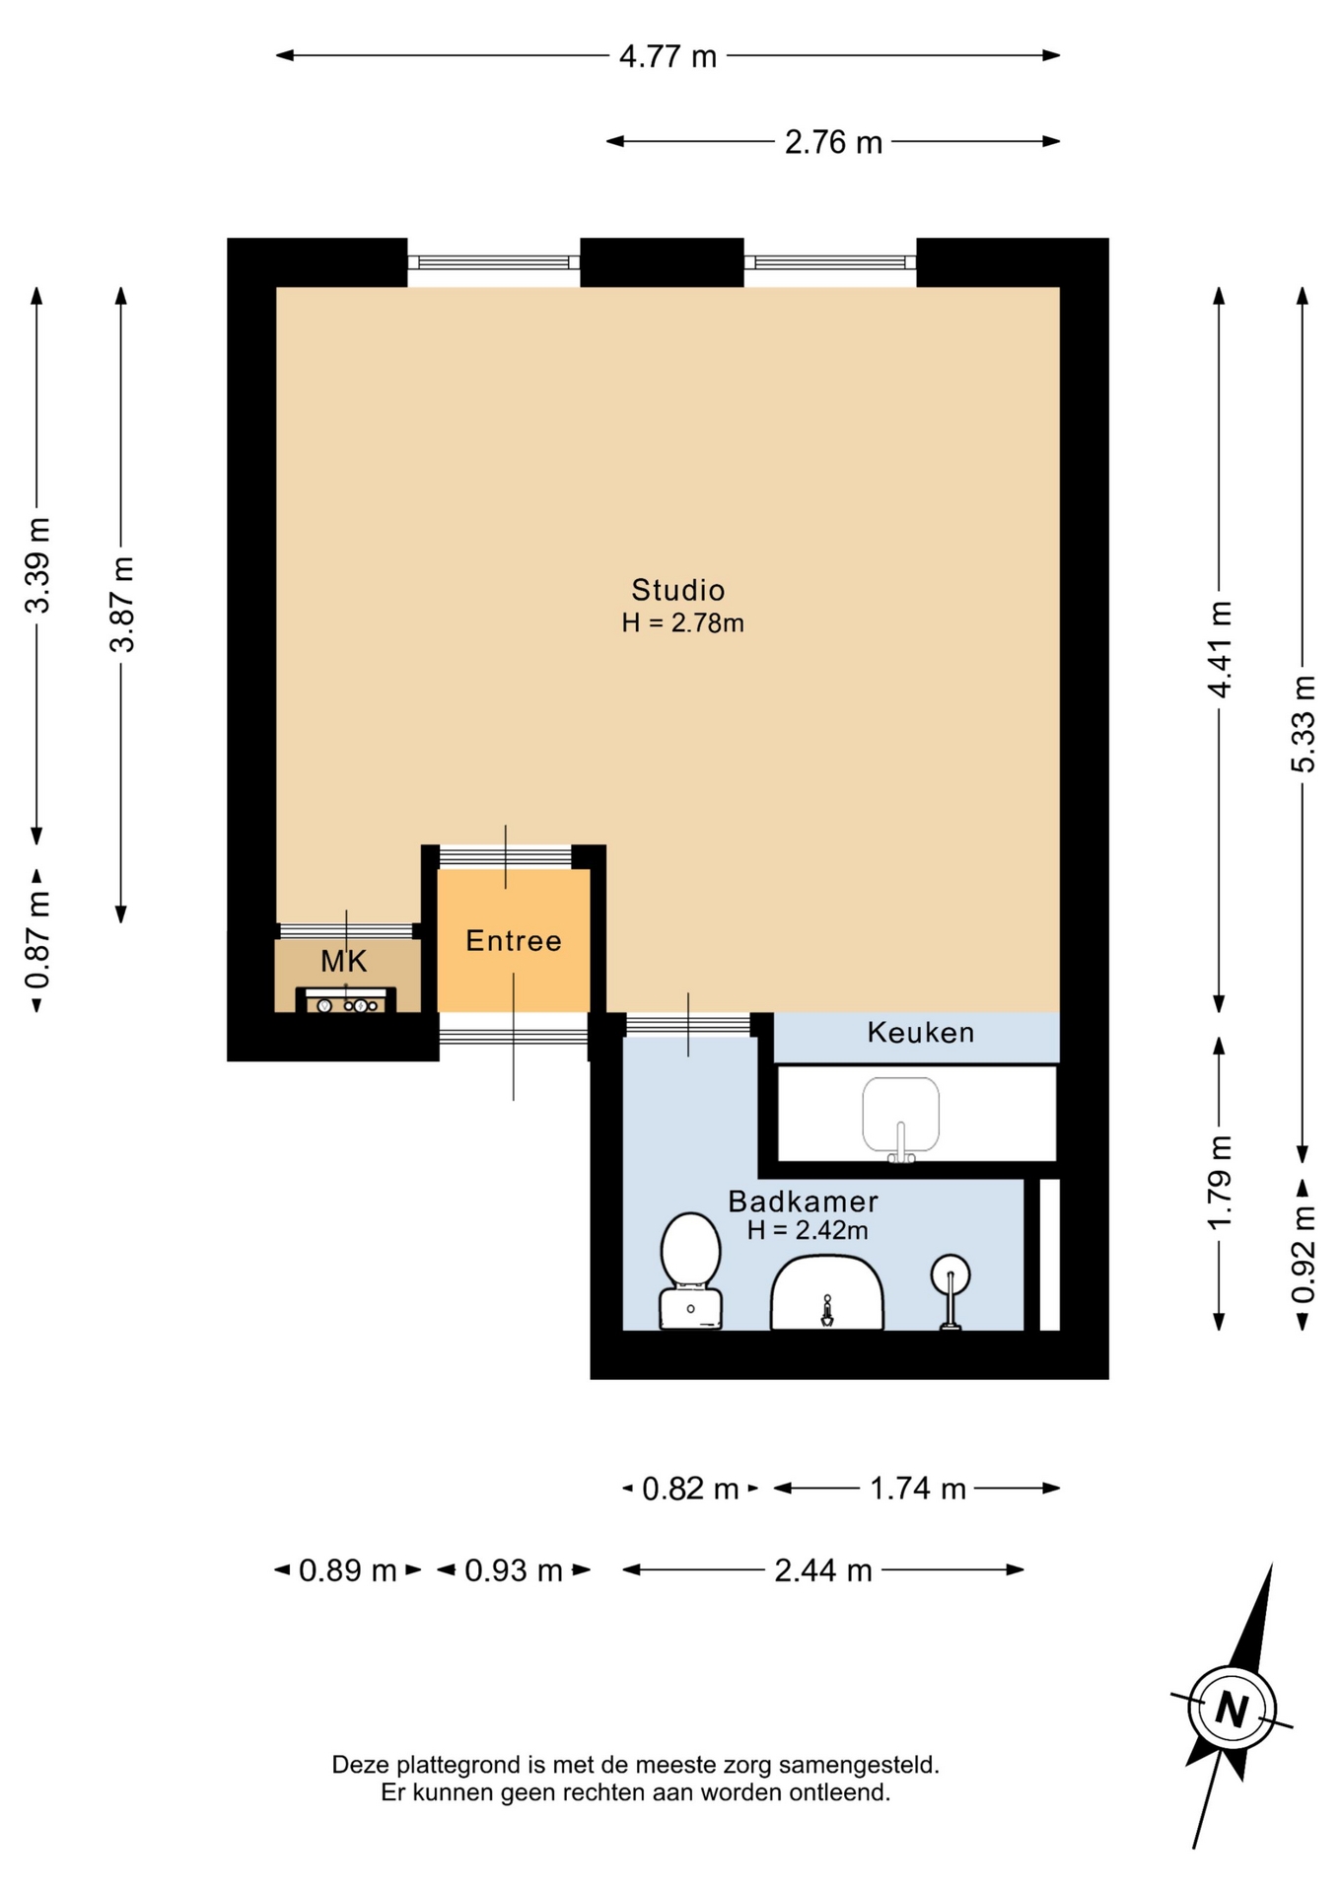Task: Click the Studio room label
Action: point(677,590)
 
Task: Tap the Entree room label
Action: point(514,941)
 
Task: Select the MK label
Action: point(343,961)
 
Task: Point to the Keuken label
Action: point(921,1033)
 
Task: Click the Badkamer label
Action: point(803,1202)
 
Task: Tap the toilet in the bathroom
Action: point(690,1271)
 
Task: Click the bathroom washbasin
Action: point(826,1292)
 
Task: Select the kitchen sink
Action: point(900,1118)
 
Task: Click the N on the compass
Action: point(1232,1708)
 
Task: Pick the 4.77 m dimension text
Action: point(668,56)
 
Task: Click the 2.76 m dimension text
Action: point(833,142)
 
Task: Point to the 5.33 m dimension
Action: point(1304,724)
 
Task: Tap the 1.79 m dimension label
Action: point(1220,1183)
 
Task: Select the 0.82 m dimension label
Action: point(690,1489)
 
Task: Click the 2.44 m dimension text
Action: point(823,1570)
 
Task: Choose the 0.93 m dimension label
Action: point(514,1570)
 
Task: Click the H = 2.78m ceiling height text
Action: point(682,623)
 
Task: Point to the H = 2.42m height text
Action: point(808,1230)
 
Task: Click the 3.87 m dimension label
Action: point(121,605)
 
